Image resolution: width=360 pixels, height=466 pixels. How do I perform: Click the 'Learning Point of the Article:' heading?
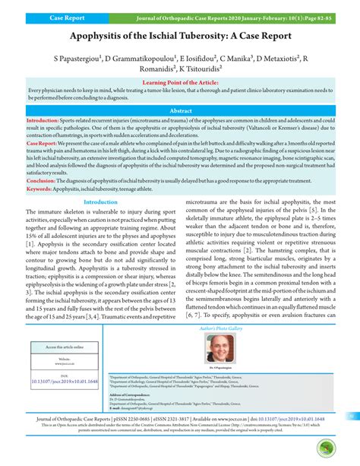point(179,82)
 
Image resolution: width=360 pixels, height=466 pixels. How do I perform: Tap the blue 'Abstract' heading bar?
point(179,110)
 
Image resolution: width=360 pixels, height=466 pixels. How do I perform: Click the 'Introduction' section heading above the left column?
point(106,202)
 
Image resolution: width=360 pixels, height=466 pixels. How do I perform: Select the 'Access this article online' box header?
point(64,347)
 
